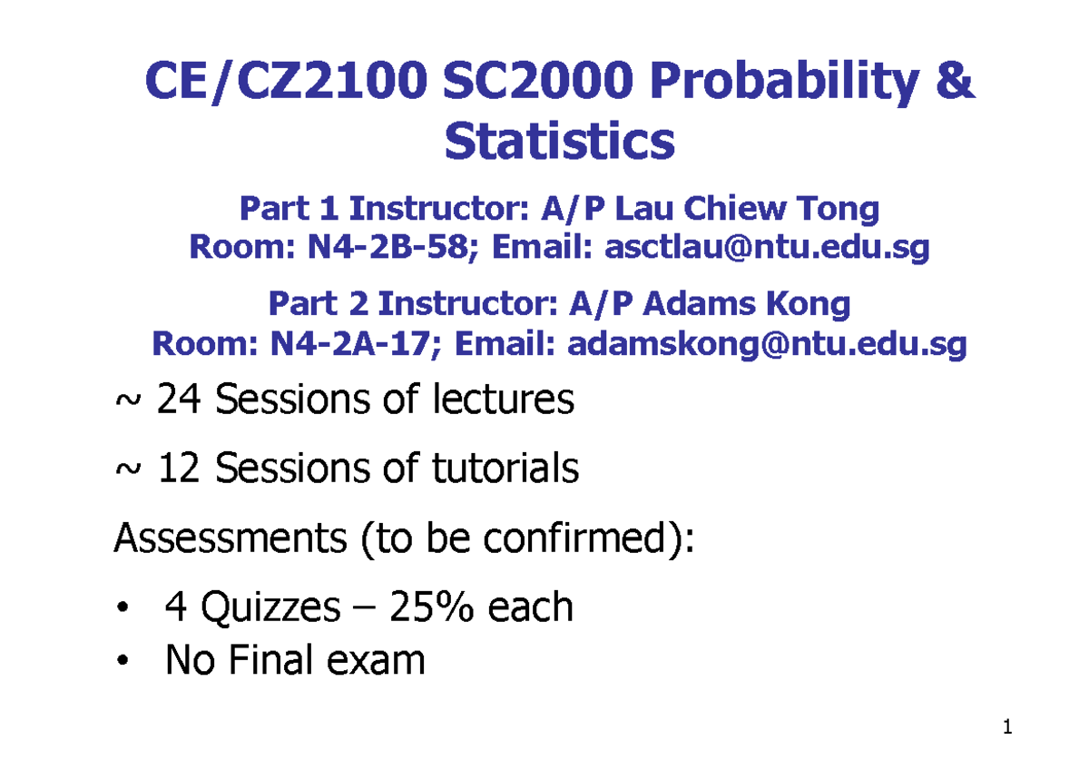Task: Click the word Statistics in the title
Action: (x=560, y=143)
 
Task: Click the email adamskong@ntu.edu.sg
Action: (x=767, y=344)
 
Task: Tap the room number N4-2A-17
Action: (x=349, y=344)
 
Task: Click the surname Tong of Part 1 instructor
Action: (x=839, y=210)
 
